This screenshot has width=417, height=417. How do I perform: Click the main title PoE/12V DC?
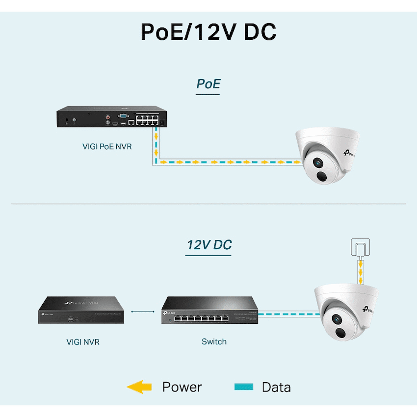[208, 31]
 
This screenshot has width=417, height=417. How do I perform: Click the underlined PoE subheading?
[208, 83]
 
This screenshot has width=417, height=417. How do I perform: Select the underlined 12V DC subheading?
[209, 244]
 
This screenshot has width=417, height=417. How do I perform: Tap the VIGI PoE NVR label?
[106, 146]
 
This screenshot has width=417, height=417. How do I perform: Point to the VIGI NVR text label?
[83, 341]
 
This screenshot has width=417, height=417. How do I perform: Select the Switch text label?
[214, 341]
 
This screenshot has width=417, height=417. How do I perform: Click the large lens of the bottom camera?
[338, 319]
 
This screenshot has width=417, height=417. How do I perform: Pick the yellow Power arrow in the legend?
[139, 387]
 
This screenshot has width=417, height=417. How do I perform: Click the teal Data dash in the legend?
[244, 387]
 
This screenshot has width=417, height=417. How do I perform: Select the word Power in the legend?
[182, 387]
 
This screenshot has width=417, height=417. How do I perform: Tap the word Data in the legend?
[276, 387]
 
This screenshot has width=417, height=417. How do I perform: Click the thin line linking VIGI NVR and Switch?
[146, 311]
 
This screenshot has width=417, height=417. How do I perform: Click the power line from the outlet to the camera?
[361, 271]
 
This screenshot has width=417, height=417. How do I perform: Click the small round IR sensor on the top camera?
[322, 178]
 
